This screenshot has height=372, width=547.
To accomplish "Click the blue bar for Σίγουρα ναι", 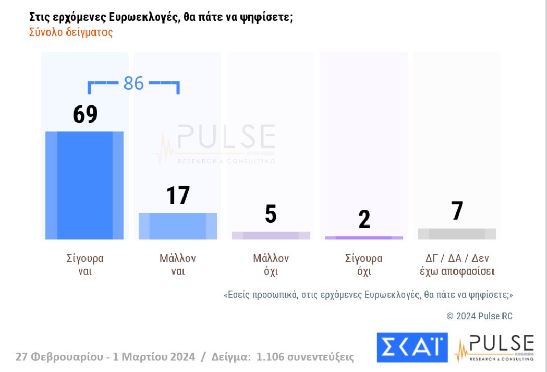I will point(84,185).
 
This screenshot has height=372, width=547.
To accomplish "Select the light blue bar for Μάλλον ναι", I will point(178,226).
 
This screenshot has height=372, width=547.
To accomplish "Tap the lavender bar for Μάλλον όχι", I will point(271,235).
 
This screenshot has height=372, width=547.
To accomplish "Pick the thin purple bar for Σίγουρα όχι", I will point(363,238).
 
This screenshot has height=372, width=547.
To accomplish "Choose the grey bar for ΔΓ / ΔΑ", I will point(457,234).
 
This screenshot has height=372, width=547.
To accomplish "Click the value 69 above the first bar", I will point(85,114).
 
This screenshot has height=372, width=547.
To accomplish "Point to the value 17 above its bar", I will point(178,195).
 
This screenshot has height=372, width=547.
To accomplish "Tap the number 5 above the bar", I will point(271,214).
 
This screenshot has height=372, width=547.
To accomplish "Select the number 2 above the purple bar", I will point(364,220).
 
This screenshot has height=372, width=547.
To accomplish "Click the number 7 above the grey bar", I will point(457,211).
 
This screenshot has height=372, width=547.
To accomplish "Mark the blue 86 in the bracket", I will point(133,83).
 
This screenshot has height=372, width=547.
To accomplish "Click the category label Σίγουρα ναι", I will point(85,265).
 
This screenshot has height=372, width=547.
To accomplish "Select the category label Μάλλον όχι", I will point(271,265).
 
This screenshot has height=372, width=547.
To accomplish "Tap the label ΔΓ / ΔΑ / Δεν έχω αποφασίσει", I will point(457,265).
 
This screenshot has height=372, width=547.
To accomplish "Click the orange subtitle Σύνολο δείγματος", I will point(71,32).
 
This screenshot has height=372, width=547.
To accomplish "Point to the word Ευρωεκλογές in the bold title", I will point(144,17).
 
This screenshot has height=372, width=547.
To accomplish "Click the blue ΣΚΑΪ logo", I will point(412,347).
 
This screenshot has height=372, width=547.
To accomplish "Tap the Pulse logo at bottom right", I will point(494,348).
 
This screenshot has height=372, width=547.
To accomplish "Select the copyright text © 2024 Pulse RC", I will point(479,316).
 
